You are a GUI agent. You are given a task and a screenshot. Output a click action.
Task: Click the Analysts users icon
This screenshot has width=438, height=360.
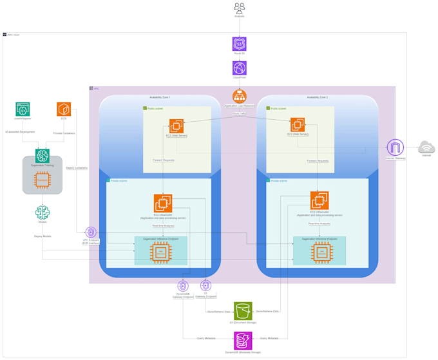[x=239, y=8]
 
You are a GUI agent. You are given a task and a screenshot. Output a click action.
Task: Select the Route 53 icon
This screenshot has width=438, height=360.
[x=239, y=43]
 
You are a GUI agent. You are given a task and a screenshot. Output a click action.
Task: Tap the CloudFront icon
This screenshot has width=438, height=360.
[x=239, y=68]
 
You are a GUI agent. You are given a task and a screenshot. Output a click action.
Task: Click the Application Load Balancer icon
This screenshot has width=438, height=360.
[x=239, y=96]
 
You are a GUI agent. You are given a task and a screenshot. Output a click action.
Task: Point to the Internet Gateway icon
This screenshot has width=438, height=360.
[x=395, y=147]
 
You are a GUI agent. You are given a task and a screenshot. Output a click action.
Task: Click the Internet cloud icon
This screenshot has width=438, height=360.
[x=426, y=147]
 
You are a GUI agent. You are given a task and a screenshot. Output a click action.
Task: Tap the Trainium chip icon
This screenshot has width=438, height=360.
[x=43, y=180]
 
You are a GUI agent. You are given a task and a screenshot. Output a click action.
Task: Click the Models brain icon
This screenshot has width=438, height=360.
[x=43, y=212]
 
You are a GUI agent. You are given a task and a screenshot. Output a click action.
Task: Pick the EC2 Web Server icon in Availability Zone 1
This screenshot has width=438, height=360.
[x=176, y=126]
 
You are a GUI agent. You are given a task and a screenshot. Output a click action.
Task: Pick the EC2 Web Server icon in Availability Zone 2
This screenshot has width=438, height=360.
[x=298, y=124]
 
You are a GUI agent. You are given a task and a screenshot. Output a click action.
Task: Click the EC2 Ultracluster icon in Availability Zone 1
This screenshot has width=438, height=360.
[x=162, y=203]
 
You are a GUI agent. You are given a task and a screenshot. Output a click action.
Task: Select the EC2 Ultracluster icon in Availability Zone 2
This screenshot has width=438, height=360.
[x=319, y=200]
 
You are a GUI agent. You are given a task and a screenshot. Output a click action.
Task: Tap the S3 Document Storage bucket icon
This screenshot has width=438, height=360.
[x=243, y=311]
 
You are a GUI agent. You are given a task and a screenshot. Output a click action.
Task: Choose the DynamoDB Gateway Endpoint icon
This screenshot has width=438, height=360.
[x=183, y=286]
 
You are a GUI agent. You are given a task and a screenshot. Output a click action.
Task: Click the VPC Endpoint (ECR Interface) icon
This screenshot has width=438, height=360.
[x=91, y=232]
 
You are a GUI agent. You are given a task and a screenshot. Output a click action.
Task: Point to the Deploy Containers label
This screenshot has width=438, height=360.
[x=77, y=168]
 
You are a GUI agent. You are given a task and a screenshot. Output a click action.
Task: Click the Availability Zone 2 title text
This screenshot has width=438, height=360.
[x=317, y=97]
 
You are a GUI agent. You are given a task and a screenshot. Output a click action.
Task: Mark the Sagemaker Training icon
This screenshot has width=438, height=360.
[x=43, y=155]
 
